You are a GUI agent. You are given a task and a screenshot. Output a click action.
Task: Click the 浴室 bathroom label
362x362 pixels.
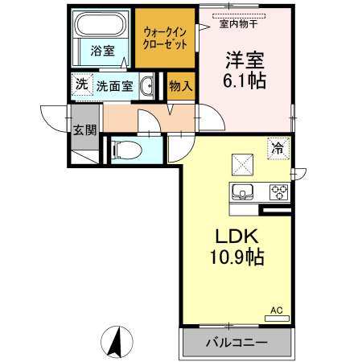(x=101, y=50)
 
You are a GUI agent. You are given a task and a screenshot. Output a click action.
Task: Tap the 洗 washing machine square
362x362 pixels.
(x=81, y=85)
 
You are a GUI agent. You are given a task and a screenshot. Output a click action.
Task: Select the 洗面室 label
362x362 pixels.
(x=115, y=86)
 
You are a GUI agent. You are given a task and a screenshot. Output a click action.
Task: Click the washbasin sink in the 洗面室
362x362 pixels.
(x=148, y=87)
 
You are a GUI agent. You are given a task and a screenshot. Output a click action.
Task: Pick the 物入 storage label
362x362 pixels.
(x=180, y=87)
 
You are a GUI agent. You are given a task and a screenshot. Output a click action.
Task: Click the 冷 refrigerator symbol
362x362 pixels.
(x=278, y=148)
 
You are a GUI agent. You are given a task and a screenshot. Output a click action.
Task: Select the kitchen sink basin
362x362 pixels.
(x=242, y=192)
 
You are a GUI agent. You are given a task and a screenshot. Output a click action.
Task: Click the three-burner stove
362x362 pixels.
(x=278, y=191)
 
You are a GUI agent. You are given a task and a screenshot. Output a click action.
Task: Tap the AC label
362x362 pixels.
(x=277, y=310)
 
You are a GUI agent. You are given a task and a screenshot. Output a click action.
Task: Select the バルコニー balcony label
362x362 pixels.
(x=236, y=343)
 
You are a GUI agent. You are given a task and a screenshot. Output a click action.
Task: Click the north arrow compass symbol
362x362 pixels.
(x=117, y=341)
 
